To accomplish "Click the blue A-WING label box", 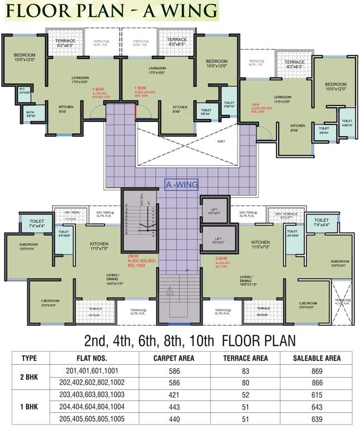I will tap(182, 184).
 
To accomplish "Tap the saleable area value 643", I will tap(316, 407).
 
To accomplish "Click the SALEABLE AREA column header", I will tap(316, 358).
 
